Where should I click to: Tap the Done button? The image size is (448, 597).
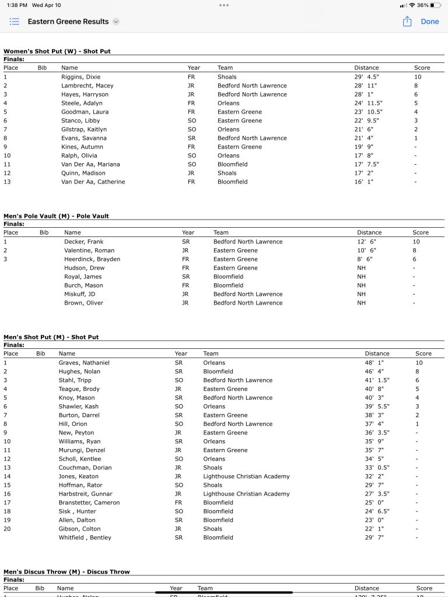(x=429, y=22)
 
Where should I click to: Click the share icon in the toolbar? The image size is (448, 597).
(x=407, y=22)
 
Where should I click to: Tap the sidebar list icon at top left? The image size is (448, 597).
(x=15, y=22)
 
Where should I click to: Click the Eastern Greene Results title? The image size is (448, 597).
(x=68, y=22)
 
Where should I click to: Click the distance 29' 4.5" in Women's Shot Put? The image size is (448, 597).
(x=367, y=77)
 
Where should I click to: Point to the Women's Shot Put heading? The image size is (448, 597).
(x=57, y=51)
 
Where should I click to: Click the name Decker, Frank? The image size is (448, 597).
(x=83, y=242)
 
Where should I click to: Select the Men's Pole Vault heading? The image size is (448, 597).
(x=56, y=216)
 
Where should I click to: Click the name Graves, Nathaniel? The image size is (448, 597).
(x=84, y=363)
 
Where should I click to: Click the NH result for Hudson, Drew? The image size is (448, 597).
(x=362, y=268)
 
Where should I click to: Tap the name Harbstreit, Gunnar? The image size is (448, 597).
(x=85, y=494)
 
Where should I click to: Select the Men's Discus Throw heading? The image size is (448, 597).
(x=66, y=572)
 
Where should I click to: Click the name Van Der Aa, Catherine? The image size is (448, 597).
(x=93, y=182)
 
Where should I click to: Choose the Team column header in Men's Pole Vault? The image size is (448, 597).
(x=221, y=232)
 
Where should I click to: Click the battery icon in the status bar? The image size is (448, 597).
(x=435, y=5)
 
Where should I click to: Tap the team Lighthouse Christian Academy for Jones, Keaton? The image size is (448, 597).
(x=246, y=476)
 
